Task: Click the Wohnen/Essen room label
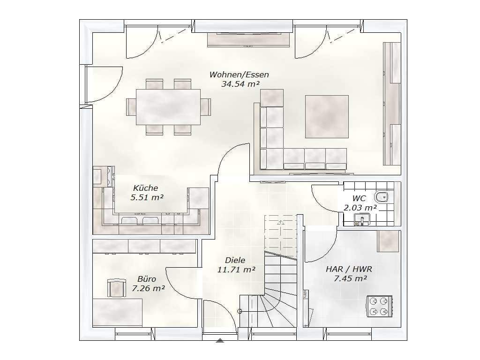coord(239,75)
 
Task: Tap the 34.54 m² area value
coord(240,84)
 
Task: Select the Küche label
coord(146,187)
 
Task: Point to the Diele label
coord(235,260)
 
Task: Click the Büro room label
coord(147,279)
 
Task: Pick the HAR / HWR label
coord(349,269)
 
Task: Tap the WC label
coord(359,198)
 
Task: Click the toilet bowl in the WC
coord(382,197)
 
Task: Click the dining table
coord(168,107)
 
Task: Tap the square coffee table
coord(327,117)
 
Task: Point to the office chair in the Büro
coord(117,288)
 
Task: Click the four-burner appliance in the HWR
coord(379,306)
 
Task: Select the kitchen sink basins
coord(141,220)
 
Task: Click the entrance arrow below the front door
coord(220,340)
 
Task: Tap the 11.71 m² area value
coord(236,270)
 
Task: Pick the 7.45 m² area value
coord(350,278)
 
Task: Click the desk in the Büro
coord(118,312)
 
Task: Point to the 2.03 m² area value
coord(360,208)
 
